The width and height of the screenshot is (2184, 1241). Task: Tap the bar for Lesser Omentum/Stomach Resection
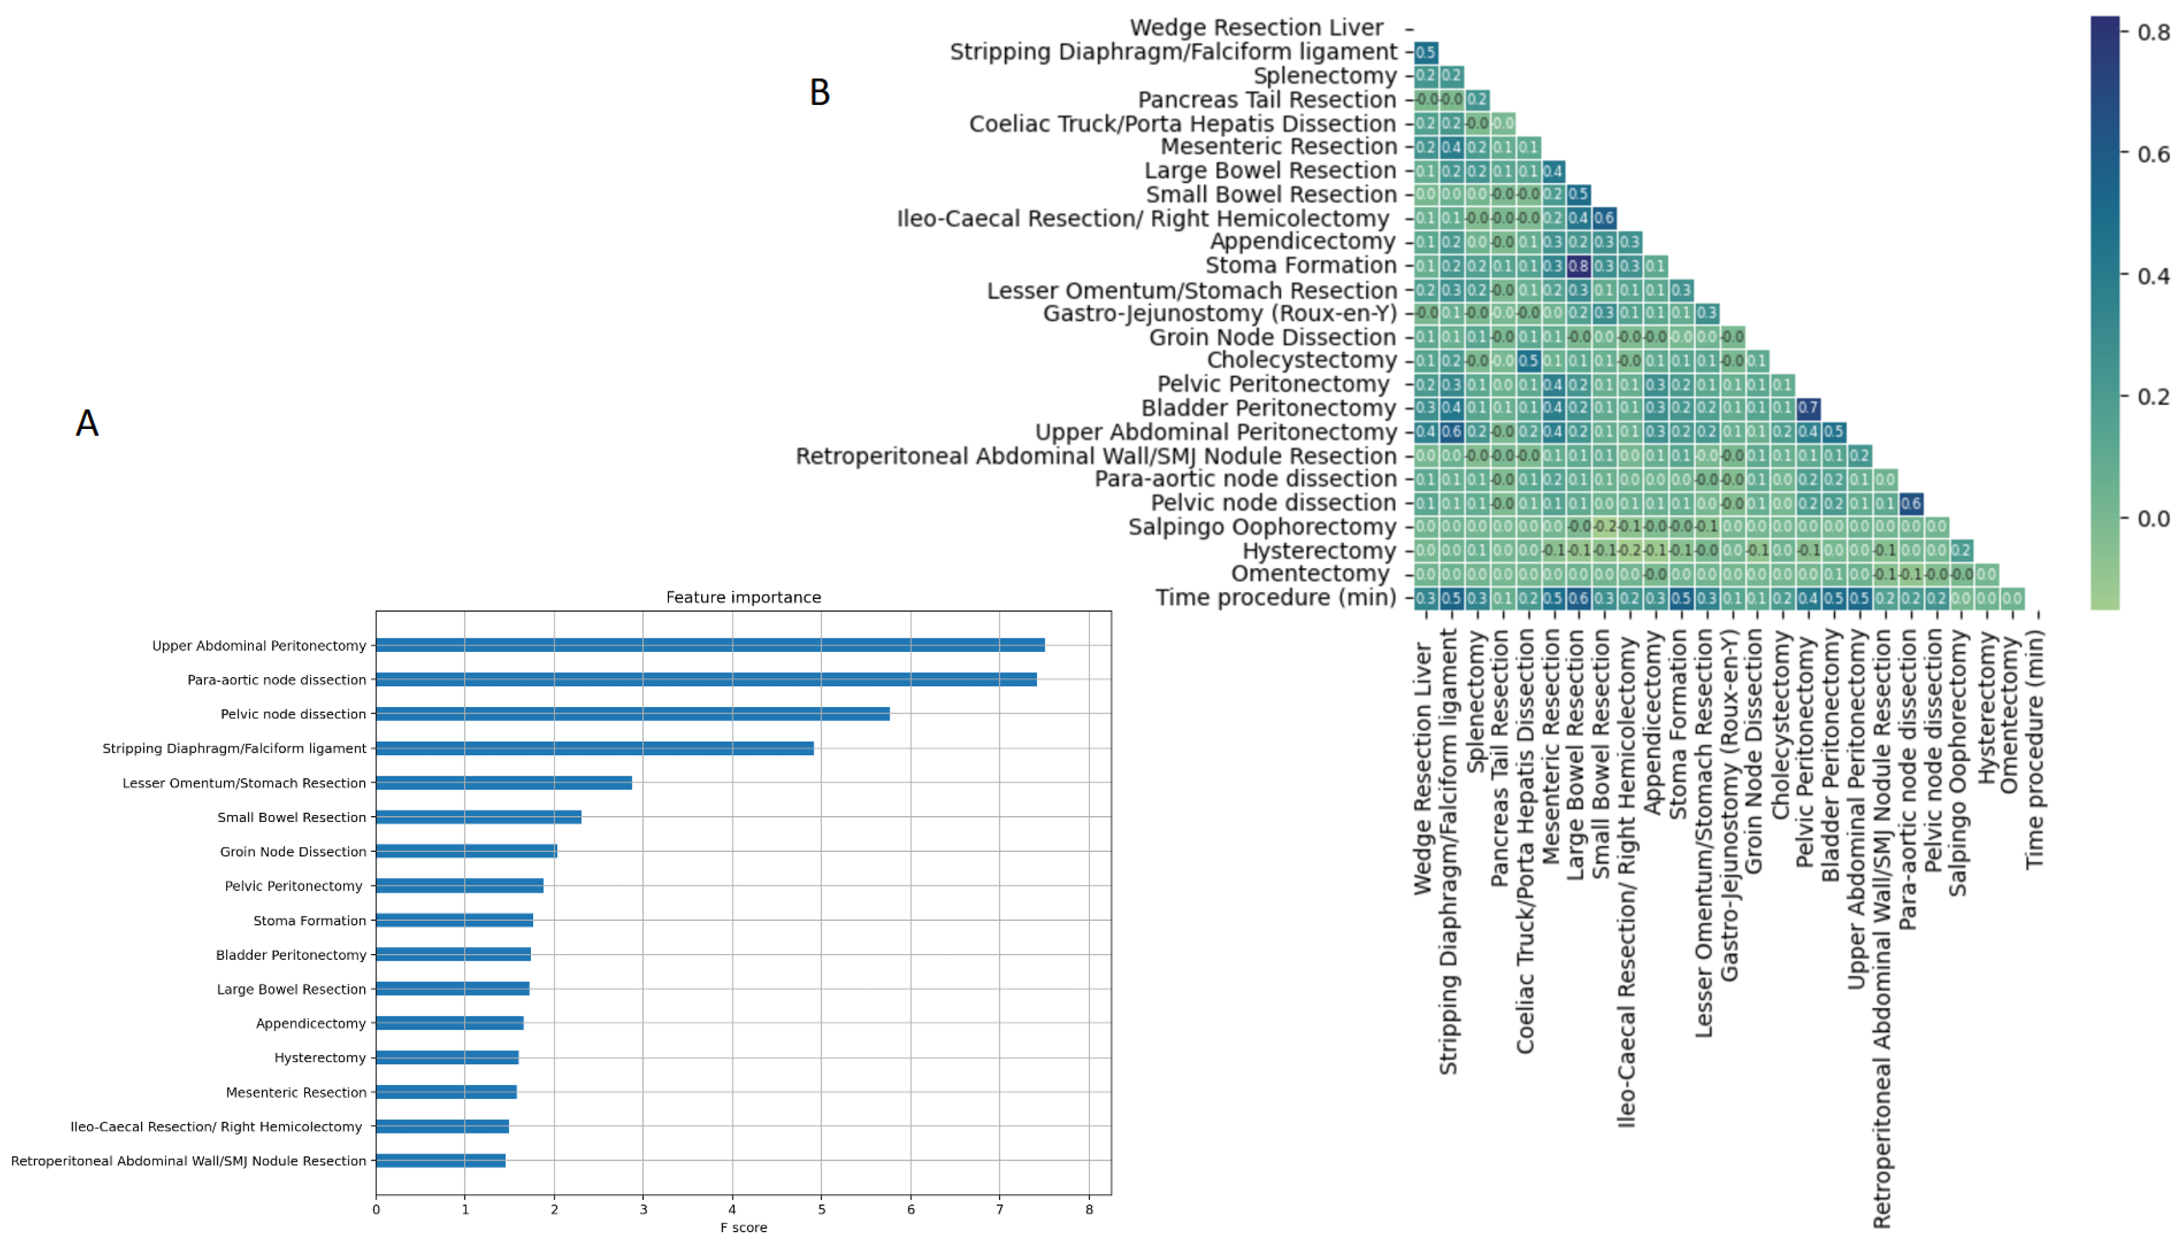[503, 782]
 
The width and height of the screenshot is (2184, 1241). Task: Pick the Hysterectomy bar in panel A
[447, 1058]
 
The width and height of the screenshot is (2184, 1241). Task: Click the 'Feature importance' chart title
[743, 597]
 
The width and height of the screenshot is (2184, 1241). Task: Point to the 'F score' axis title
[743, 1228]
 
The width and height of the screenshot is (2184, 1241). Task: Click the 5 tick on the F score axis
[821, 1209]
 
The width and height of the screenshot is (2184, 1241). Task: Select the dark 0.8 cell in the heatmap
[1578, 266]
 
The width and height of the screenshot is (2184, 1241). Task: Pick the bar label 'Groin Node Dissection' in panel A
[292, 851]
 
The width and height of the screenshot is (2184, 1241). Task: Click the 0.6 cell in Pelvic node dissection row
[1910, 503]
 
